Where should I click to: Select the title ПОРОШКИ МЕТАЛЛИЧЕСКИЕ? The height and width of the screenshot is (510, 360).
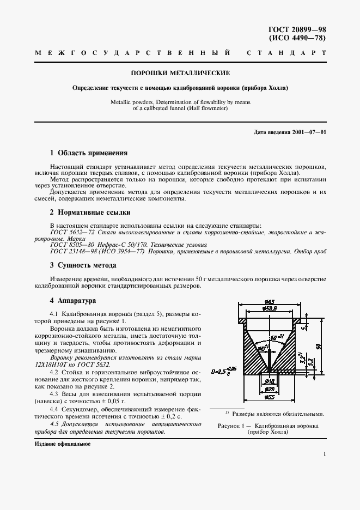pos(179,72)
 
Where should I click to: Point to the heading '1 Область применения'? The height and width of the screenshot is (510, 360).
pos(88,153)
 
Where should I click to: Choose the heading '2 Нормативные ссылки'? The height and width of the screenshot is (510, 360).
pos(90,212)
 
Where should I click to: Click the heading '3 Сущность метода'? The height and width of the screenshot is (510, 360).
pos(83,265)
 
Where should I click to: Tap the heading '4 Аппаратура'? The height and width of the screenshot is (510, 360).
pos(72,300)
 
